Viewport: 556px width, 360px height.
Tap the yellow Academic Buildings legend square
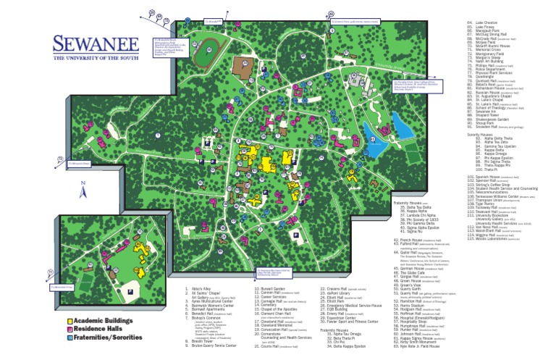tap(69, 320)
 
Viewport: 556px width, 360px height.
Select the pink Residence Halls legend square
tap(69, 328)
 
